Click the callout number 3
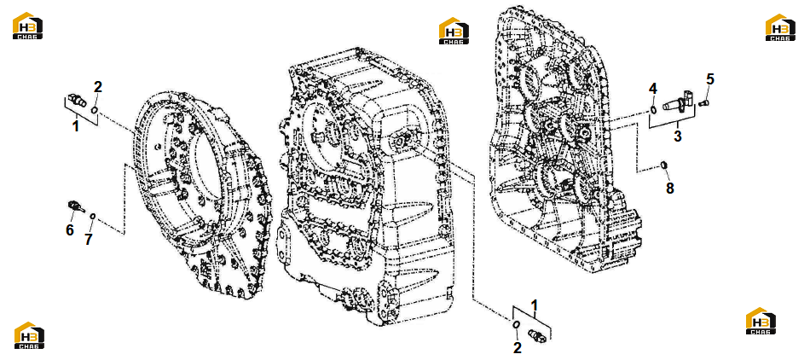(677, 136)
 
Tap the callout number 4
(653, 89)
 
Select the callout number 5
(710, 79)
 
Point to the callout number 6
(70, 229)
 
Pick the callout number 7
(89, 238)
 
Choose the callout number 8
(670, 189)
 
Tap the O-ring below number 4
(654, 109)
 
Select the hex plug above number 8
(665, 165)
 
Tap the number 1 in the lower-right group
(535, 305)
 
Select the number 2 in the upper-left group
(98, 87)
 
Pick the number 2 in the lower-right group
(517, 347)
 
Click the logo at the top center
(454, 32)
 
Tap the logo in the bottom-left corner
(29, 335)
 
